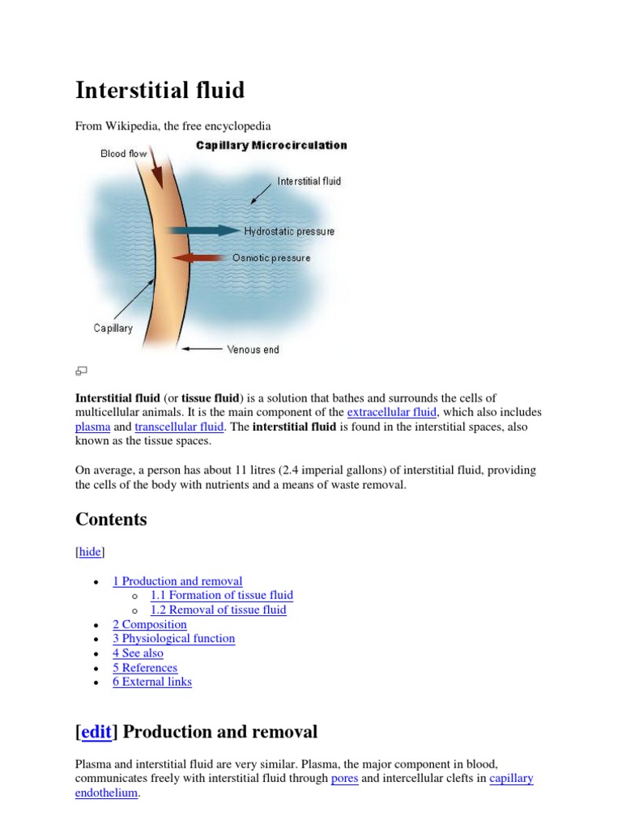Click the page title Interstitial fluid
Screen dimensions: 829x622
coord(160,90)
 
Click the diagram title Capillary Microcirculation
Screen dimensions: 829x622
coord(271,146)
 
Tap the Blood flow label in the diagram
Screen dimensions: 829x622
coord(123,153)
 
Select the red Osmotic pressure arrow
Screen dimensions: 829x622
coord(198,257)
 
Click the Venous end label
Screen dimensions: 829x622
coord(253,350)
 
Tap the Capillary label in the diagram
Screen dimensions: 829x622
coord(113,329)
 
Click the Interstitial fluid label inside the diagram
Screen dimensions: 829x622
coord(309,181)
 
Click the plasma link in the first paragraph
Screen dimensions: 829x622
coord(92,427)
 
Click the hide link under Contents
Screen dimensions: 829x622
coord(90,551)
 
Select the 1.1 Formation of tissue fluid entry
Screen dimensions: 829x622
coord(221,595)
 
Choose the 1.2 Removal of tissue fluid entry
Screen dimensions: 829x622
coord(218,610)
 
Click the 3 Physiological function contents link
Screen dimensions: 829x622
coord(173,639)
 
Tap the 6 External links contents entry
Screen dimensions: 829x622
coord(151,682)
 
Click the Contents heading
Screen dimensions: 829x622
coord(111,519)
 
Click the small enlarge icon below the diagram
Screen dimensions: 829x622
coord(81,371)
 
